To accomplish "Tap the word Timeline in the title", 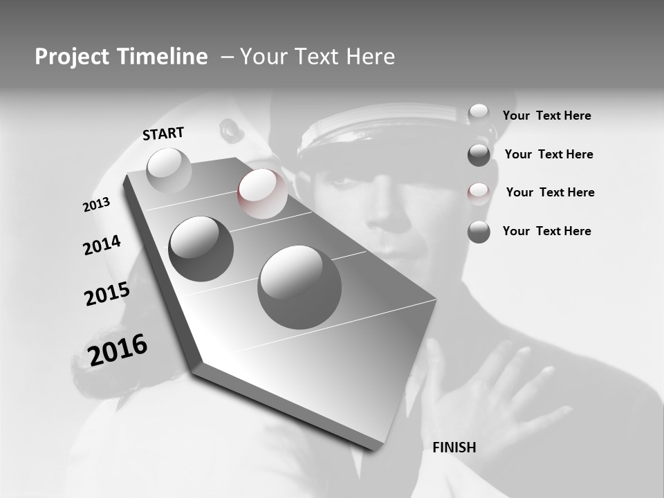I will tap(163, 57).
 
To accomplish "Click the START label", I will tap(163, 133).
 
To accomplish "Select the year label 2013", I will tap(96, 205).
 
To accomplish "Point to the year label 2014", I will tap(102, 246).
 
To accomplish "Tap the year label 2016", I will tap(118, 349).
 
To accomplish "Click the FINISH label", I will tap(454, 448).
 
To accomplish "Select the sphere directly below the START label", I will tap(169, 171).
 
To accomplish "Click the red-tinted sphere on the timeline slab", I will tap(262, 193).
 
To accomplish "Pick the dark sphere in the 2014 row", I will tap(201, 248).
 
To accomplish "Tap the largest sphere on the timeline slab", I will tap(299, 287).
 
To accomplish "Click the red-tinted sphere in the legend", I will tap(479, 193).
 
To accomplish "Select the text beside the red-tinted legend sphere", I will tap(550, 192).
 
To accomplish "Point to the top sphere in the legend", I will tap(479, 113).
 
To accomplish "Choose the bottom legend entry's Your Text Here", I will tap(546, 231).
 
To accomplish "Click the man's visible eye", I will tap(341, 181).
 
